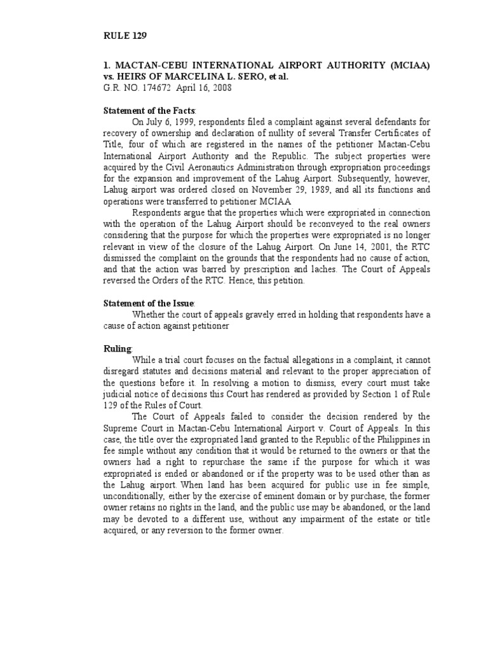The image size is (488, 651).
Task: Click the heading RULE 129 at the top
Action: [x=125, y=36]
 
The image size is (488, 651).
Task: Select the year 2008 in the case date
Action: [x=220, y=88]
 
